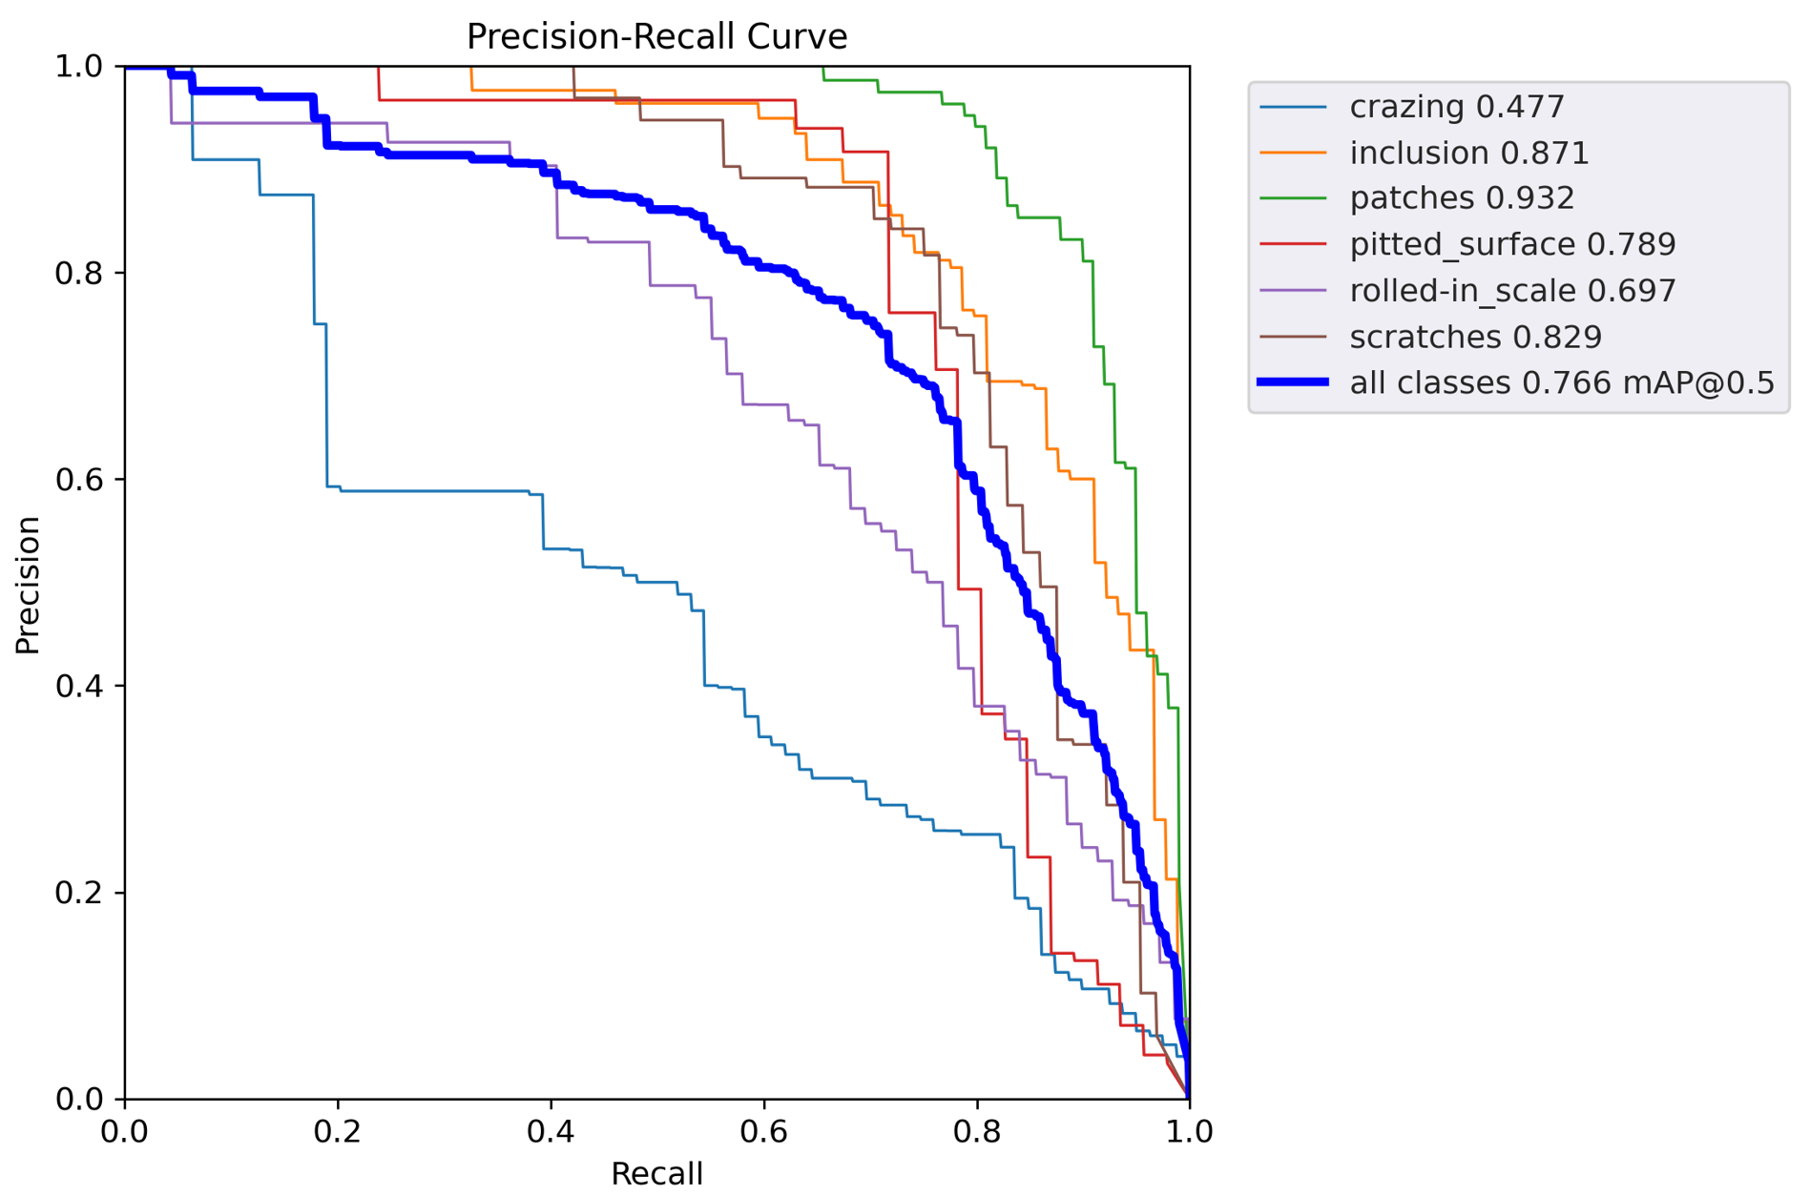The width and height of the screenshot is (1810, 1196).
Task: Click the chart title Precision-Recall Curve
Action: coord(656,37)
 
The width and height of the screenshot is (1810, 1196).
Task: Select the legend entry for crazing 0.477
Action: coord(1456,107)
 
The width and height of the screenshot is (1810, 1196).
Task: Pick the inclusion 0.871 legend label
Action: coord(1468,153)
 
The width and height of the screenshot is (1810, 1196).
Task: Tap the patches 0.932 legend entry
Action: coord(1462,198)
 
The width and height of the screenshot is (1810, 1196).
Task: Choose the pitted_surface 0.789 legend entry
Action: coord(1512,245)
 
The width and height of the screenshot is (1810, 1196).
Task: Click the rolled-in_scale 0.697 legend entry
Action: coord(1512,291)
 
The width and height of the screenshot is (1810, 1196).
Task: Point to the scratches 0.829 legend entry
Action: coord(1475,337)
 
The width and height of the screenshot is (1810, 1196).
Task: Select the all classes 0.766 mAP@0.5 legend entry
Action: coord(1561,383)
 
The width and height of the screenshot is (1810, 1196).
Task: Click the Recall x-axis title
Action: coord(656,1174)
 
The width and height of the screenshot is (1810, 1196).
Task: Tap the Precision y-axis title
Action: coord(28,585)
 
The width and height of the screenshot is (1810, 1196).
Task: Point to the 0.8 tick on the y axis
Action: coord(78,274)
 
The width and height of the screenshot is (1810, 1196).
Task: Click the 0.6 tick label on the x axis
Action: coord(763,1132)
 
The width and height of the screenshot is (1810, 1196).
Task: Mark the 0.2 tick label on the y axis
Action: coord(78,894)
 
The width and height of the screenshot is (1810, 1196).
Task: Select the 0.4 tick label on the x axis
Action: coord(551,1132)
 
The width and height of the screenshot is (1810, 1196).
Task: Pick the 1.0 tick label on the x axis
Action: coord(1189,1132)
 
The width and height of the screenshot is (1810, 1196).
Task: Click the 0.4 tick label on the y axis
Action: coord(78,687)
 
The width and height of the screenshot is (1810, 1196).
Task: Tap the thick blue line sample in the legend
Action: coord(1293,382)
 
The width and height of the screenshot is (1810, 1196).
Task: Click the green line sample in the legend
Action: coord(1293,198)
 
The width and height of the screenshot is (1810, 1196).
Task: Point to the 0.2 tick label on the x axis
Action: coord(338,1132)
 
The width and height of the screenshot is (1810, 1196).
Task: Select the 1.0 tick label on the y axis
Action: coord(78,67)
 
